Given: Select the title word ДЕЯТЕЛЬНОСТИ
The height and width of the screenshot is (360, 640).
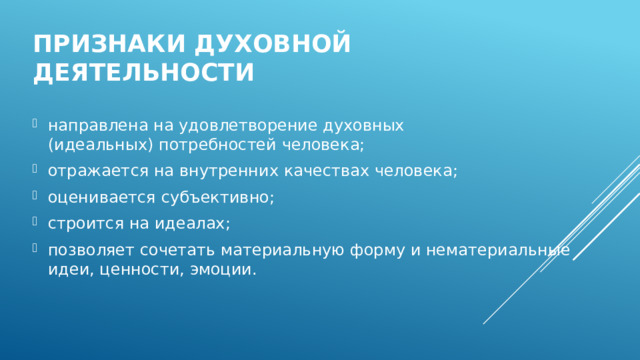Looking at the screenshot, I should [143, 74].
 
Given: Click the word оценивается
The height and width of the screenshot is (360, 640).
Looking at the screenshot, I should [96, 197].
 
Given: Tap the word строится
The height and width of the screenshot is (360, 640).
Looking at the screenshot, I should [79, 223].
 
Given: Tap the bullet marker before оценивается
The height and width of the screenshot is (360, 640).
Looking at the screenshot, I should [36, 197].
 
